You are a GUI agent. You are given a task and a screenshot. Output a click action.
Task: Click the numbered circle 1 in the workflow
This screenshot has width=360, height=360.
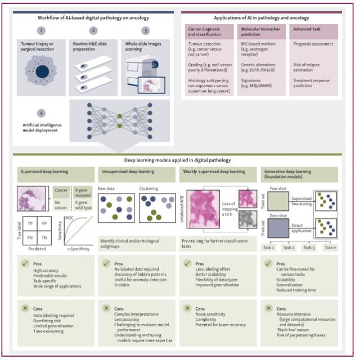41,30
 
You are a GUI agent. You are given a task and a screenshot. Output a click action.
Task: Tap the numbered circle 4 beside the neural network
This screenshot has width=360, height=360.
41,112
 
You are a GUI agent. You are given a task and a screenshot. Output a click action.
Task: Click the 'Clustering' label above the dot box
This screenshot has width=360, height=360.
148,189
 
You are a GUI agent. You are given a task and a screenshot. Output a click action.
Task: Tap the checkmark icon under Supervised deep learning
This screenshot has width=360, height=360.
24,263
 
